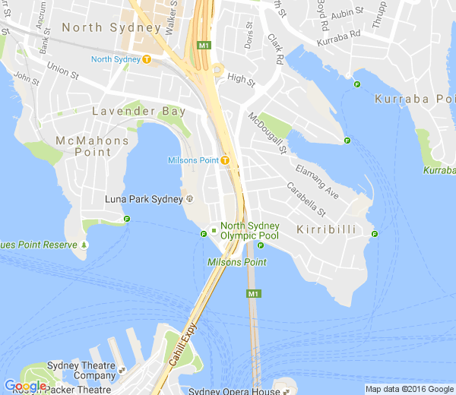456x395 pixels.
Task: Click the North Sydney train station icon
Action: click(146, 59)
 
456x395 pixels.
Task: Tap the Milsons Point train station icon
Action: click(226, 160)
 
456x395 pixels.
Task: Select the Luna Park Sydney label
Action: click(144, 200)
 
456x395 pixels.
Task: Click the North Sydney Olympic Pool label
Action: click(249, 231)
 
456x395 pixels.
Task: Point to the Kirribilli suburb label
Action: click(326, 229)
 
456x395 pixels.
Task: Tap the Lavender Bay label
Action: click(138, 112)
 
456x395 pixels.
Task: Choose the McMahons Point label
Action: click(84, 147)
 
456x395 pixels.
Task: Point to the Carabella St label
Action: click(306, 199)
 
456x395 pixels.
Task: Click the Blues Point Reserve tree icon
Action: click(84, 245)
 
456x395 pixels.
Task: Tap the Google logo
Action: click(24, 386)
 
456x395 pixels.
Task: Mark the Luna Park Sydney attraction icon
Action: click(189, 200)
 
